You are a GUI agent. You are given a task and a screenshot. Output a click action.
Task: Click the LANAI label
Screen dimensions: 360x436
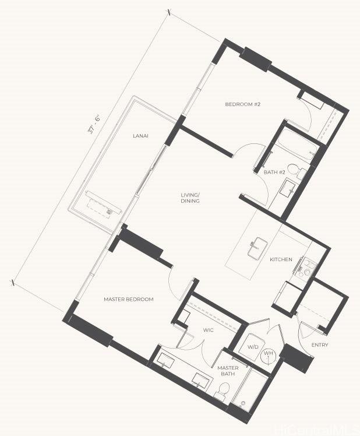click(140, 136)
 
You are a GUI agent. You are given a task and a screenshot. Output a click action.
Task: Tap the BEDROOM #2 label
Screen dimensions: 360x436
click(243, 104)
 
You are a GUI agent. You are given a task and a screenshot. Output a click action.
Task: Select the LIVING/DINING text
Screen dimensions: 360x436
click(190, 198)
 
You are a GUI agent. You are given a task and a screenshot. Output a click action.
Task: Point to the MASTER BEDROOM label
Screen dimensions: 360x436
click(128, 299)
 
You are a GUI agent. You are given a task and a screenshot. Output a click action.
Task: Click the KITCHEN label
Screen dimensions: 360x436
click(281, 259)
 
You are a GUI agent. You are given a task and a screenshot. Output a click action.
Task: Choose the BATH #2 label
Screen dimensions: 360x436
click(274, 172)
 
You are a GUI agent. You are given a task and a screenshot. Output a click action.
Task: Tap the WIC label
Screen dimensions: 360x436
click(208, 330)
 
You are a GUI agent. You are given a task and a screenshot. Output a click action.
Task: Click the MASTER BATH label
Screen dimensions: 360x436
click(228, 371)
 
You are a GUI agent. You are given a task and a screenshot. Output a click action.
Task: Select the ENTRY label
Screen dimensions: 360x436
click(320, 345)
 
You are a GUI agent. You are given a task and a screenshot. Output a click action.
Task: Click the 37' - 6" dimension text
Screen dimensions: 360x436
click(94, 124)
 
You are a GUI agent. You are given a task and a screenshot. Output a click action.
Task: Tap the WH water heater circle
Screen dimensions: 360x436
click(269, 355)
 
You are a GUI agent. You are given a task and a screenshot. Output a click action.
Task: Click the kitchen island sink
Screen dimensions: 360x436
click(257, 247)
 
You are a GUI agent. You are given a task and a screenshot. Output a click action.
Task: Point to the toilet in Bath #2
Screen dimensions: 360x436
click(297, 170)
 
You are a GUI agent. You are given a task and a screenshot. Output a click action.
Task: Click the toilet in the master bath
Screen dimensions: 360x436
click(223, 389)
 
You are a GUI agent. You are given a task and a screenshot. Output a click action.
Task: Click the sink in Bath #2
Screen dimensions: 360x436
click(287, 188)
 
